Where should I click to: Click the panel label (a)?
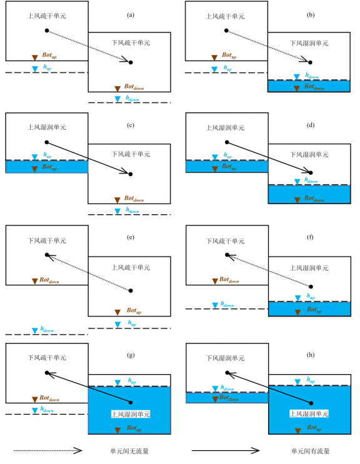coord(131,15)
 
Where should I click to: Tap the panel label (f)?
coord(310,237)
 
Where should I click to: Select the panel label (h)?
coord(310,355)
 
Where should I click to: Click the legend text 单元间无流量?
coord(129,451)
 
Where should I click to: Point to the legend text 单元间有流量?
coord(310,451)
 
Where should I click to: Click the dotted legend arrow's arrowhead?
coord(79,451)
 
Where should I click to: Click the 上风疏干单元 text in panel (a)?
coord(47,16)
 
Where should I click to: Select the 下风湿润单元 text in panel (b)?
coord(309,43)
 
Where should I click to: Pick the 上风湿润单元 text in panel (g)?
coord(131,414)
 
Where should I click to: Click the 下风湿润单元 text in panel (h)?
coord(225,358)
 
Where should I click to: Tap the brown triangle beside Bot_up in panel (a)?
coord(35,57)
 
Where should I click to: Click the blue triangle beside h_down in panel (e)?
coord(35,331)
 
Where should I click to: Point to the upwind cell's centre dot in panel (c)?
coord(47,142)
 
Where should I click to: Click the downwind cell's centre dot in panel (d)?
coord(311,172)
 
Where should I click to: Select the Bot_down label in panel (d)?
coord(314,199)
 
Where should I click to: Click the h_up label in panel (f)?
coord(311,296)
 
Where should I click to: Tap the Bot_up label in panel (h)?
coord(314,428)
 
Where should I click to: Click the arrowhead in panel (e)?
coord(51,257)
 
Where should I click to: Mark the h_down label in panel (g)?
coord(47,410)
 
